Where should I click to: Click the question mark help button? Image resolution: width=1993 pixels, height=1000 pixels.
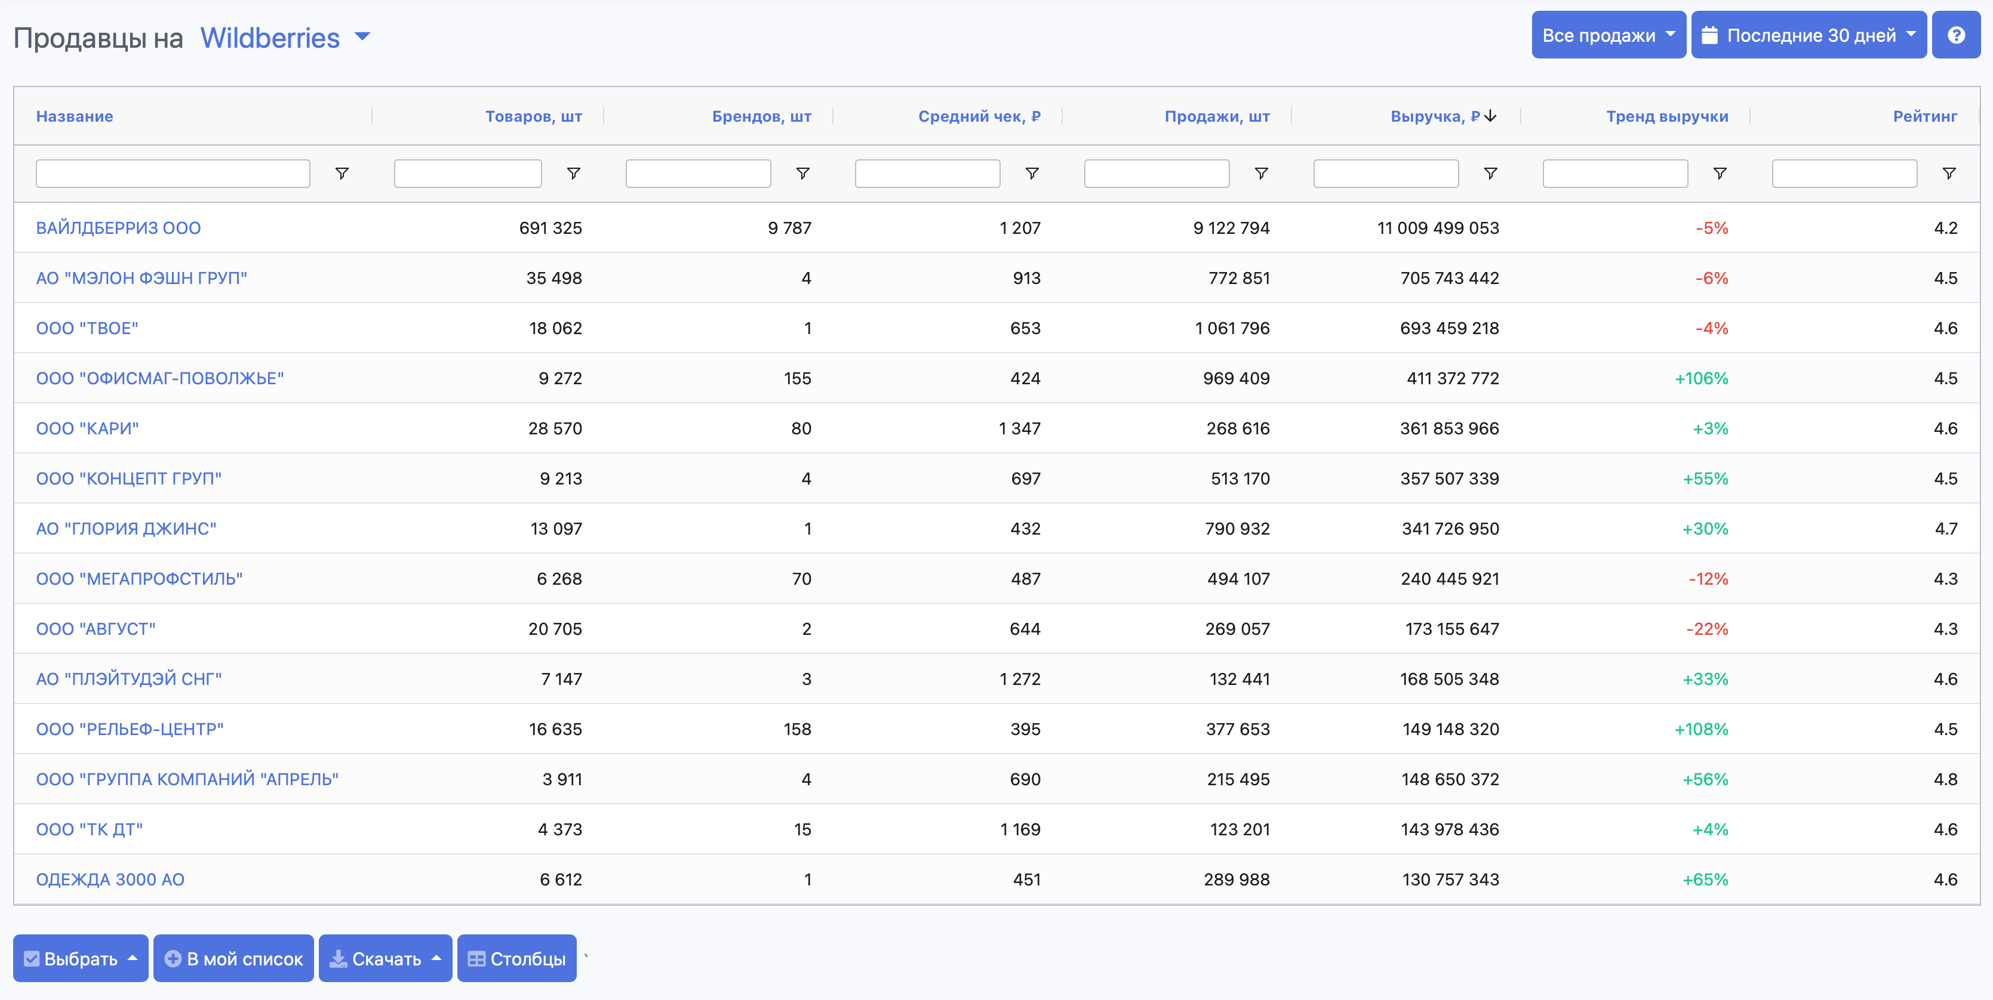click(x=1955, y=36)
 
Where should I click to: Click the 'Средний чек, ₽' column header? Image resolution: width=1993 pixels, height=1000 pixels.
click(x=979, y=116)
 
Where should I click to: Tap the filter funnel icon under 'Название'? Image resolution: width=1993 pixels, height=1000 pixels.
click(x=341, y=173)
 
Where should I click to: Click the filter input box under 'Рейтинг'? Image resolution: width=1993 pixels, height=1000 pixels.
click(x=1844, y=173)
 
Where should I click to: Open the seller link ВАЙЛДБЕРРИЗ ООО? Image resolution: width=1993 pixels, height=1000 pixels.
click(x=118, y=228)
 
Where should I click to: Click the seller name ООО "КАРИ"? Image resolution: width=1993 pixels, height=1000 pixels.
click(x=87, y=428)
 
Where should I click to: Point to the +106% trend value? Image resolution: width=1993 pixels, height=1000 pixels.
click(x=1700, y=378)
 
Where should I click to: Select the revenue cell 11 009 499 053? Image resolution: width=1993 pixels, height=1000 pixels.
click(x=1438, y=228)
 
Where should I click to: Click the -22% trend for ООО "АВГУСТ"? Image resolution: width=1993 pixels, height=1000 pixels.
click(x=1707, y=629)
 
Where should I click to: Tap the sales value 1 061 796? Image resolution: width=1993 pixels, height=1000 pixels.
click(x=1232, y=328)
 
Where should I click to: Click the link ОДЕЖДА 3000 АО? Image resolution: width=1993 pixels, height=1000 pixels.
click(x=110, y=879)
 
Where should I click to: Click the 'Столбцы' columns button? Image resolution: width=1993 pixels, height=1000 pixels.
click(x=517, y=958)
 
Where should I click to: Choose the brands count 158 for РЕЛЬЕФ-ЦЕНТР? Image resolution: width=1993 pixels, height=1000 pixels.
click(x=797, y=729)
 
